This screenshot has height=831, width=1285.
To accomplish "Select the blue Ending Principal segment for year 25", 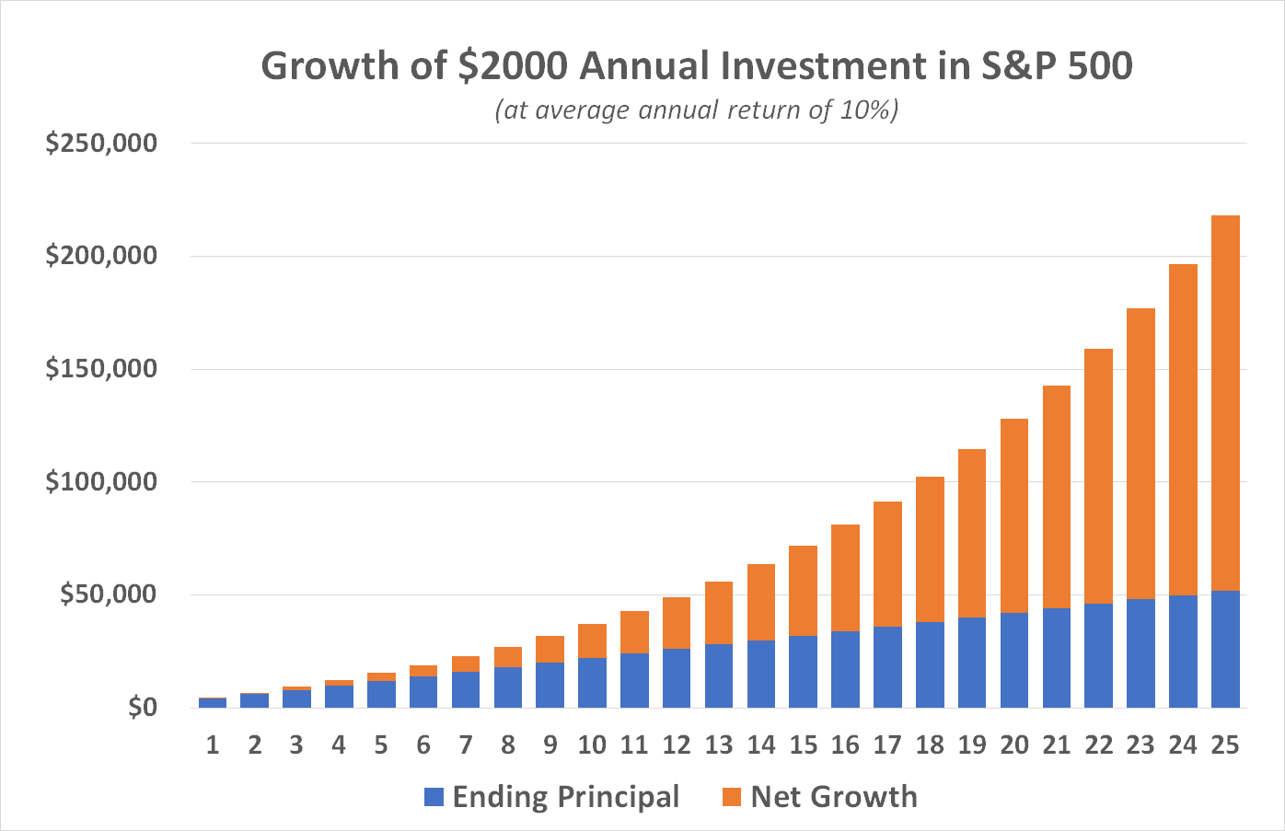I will (1225, 649).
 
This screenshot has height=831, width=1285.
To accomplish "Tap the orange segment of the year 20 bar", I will (1014, 515).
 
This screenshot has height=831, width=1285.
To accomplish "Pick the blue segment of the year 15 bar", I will (804, 672).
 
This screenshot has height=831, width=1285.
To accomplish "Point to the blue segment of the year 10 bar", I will (592, 683).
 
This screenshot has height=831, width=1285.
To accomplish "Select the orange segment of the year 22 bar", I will (1098, 476).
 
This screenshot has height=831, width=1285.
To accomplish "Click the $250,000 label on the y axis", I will (101, 144).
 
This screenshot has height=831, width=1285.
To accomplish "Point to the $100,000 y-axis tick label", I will (101, 481).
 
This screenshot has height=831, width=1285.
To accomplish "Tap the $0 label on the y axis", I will (142, 708).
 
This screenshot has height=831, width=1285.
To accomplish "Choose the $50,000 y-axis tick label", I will (109, 594).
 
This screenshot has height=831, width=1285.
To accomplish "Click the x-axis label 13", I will (718, 745).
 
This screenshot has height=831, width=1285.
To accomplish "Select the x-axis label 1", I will (213, 745).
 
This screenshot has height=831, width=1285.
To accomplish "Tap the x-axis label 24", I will (1182, 745).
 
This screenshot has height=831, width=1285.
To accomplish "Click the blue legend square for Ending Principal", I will (434, 797).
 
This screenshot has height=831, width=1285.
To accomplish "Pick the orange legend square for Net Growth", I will (732, 797).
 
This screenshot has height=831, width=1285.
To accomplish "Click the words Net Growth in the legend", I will (834, 797).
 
